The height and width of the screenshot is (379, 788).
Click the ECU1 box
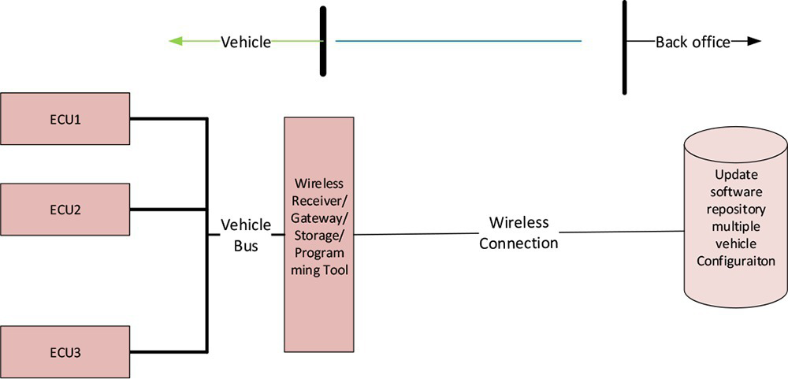[x=65, y=121]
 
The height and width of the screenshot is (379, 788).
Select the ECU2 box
[x=65, y=210]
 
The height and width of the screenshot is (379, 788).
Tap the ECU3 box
[x=65, y=351]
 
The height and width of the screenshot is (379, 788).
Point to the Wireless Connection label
[x=519, y=233]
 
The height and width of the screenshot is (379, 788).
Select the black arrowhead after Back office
[x=754, y=42]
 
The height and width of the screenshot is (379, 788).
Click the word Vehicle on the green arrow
[x=245, y=42]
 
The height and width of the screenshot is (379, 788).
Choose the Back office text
[x=693, y=42]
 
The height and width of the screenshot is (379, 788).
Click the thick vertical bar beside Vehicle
[x=323, y=41]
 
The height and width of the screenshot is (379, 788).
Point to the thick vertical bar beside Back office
[x=625, y=47]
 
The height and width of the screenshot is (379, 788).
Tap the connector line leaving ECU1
[x=167, y=119]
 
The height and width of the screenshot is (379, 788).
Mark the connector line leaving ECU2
[x=167, y=209]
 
